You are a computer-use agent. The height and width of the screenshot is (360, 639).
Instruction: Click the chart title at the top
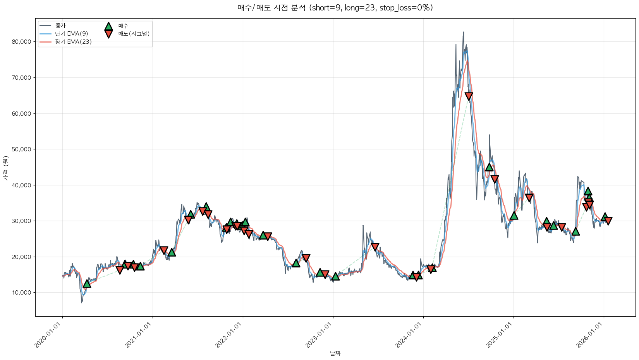[335, 8]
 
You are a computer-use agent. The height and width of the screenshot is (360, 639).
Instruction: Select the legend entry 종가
[60, 26]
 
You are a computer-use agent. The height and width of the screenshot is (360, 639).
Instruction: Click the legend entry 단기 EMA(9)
[71, 34]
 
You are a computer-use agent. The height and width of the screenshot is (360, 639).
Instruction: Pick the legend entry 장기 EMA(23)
[73, 42]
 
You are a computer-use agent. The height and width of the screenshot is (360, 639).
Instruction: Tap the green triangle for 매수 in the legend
[108, 26]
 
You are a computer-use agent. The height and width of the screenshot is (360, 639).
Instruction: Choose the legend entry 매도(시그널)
[134, 34]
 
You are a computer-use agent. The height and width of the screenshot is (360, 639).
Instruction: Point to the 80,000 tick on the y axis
[22, 42]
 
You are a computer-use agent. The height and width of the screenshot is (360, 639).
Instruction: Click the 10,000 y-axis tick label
[22, 293]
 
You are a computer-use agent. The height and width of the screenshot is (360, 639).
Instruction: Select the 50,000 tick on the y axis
[22, 149]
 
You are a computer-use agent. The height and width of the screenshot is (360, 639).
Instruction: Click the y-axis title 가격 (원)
[5, 168]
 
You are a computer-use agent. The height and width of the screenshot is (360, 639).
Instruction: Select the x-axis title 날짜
[335, 353]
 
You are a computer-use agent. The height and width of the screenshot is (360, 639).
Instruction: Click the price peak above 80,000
[464, 32]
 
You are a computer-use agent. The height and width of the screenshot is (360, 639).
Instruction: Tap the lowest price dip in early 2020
[81, 302]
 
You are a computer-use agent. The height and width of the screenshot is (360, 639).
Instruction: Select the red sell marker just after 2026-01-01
[608, 221]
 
